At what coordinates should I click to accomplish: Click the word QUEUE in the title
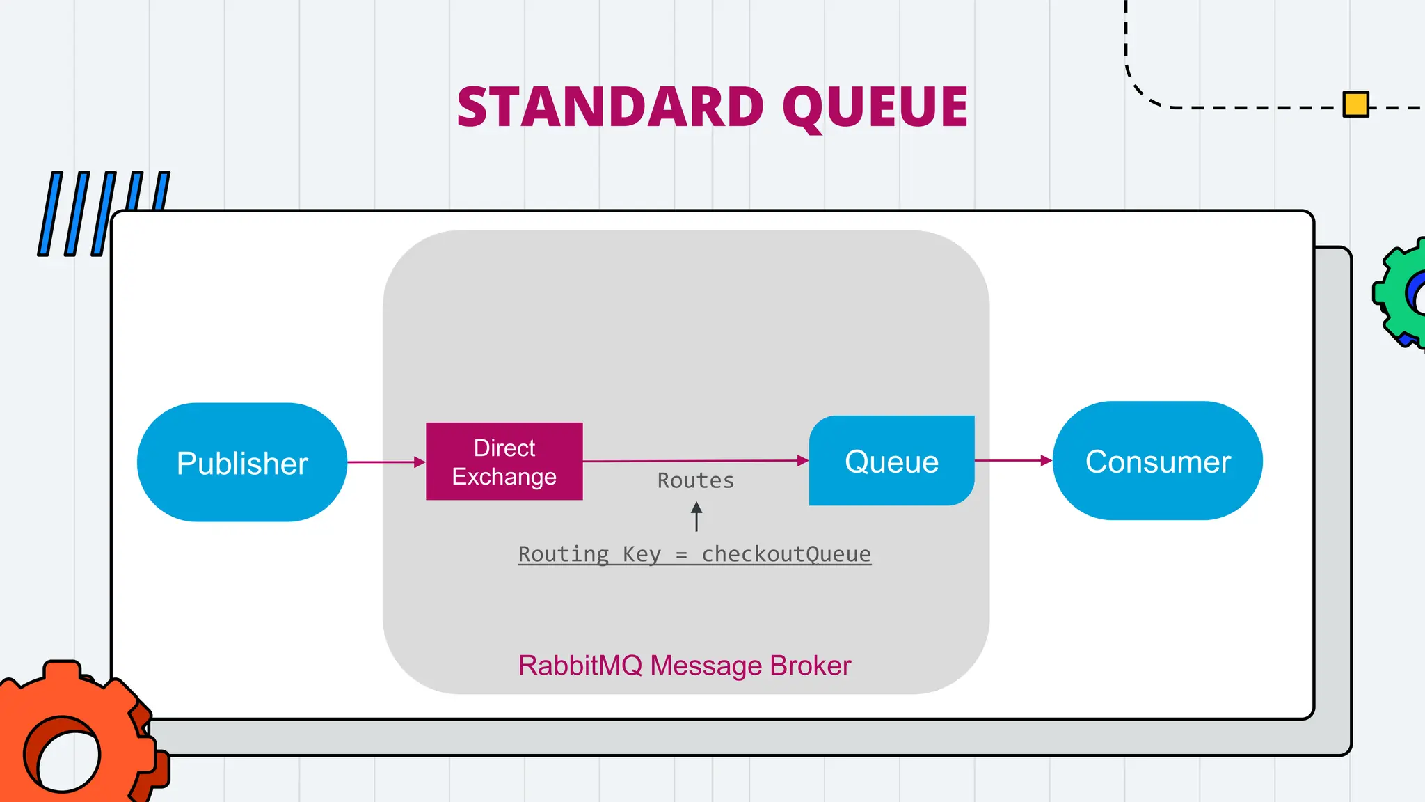click(875, 107)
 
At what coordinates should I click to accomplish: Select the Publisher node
click(241, 462)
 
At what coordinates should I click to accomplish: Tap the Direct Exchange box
click(504, 462)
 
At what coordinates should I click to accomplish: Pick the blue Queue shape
click(891, 461)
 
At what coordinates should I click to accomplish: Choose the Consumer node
click(1157, 461)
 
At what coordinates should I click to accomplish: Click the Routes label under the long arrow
click(696, 481)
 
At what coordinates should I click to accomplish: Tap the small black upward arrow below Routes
click(696, 517)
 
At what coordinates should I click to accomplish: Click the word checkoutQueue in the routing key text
click(786, 554)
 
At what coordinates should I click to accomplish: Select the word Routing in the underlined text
click(564, 554)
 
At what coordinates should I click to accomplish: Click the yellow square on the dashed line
click(1355, 104)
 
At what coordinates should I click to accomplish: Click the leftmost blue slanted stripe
click(50, 214)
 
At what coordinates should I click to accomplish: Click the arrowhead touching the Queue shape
click(803, 460)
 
